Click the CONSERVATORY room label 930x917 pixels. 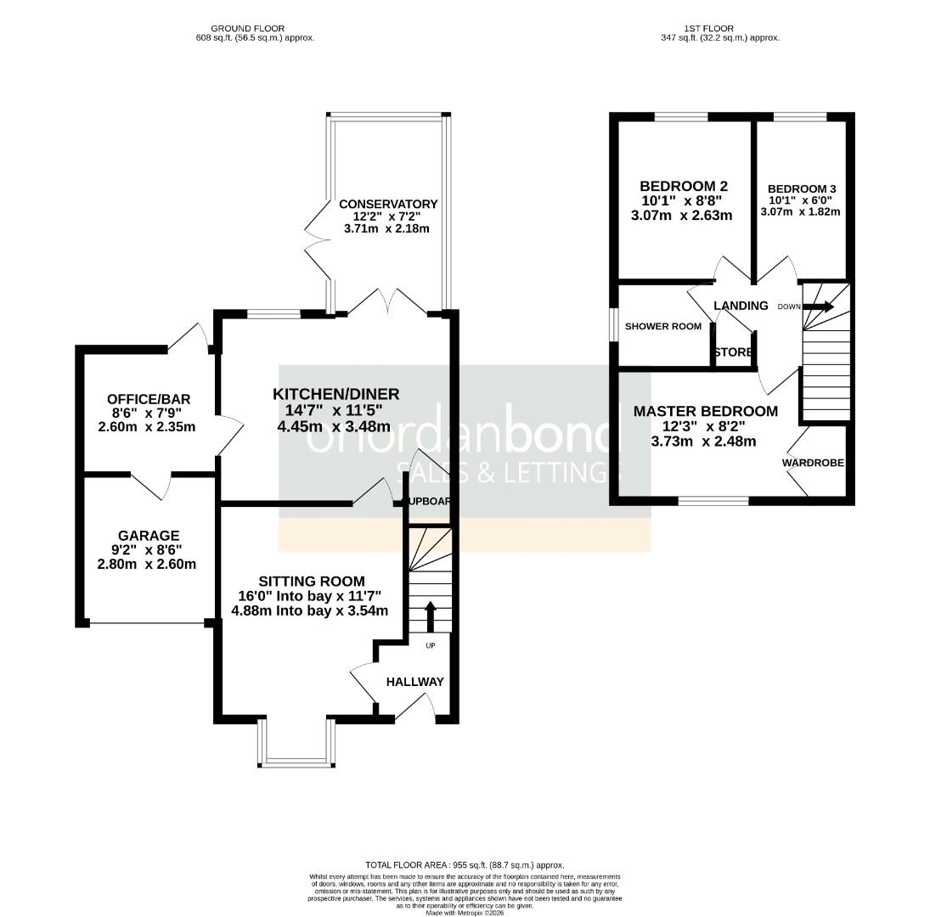pyautogui.click(x=388, y=204)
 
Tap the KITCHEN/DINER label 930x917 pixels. pyautogui.click(x=335, y=394)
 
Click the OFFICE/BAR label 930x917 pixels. pyautogui.click(x=149, y=399)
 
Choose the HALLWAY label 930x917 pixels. pyautogui.click(x=414, y=682)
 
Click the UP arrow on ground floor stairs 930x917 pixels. pyautogui.click(x=430, y=616)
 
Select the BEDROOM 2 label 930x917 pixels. pyautogui.click(x=684, y=186)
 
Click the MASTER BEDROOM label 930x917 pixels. pyautogui.click(x=705, y=412)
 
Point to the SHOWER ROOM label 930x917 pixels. pyautogui.click(x=663, y=326)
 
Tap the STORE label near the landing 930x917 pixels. pyautogui.click(x=733, y=352)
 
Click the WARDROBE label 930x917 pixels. pyautogui.click(x=813, y=464)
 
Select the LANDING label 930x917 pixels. pyautogui.click(x=741, y=306)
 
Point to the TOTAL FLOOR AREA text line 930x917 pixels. pyautogui.click(x=465, y=865)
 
